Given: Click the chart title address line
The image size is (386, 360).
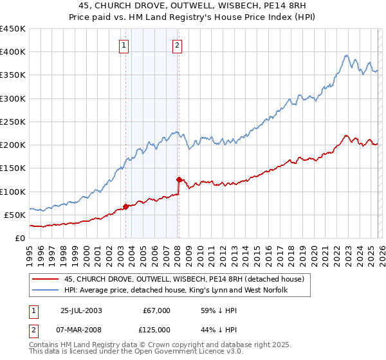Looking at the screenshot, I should [193, 6].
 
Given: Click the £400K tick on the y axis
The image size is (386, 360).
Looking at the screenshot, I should [13, 52].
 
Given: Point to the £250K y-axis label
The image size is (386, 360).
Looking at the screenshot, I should [13, 122].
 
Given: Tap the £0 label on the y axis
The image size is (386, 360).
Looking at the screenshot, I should [19, 238].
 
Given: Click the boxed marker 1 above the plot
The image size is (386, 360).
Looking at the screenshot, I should [124, 45].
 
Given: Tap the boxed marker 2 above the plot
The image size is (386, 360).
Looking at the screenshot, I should [177, 45].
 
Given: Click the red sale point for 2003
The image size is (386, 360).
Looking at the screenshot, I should [126, 206].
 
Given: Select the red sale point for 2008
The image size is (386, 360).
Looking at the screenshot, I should [178, 179].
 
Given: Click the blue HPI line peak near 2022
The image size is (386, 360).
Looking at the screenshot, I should [346, 55].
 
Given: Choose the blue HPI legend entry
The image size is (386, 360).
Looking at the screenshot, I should [180, 291].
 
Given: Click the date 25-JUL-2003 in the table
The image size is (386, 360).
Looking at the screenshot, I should [81, 310].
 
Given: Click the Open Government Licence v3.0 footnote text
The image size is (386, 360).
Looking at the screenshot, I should [167, 353].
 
